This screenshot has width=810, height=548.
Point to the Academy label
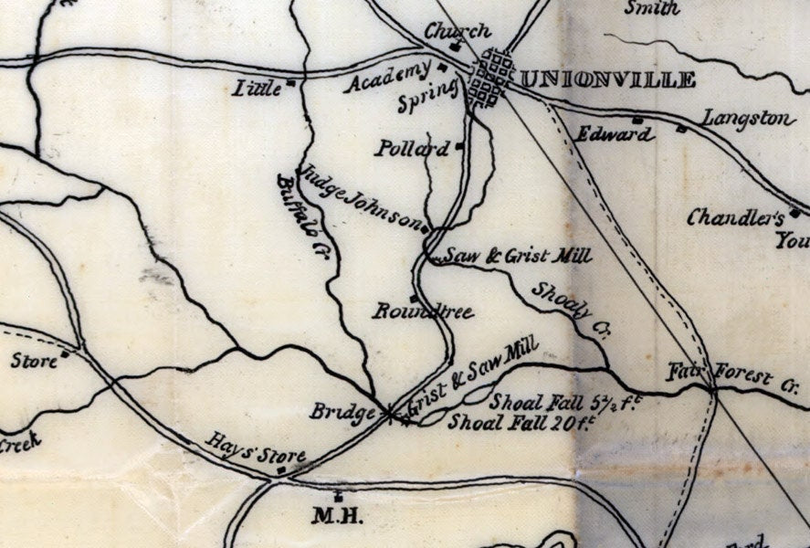tap(387, 79)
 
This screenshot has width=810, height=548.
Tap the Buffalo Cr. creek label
tap(301, 217)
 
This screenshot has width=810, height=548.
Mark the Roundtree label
tap(423, 312)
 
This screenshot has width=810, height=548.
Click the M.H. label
tap(338, 517)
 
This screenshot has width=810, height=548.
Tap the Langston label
tap(749, 118)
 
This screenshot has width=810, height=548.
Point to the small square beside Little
tap(290, 83)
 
